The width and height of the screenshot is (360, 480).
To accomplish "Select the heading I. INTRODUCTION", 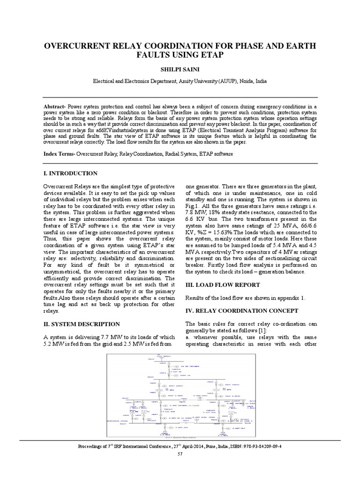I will pos(70,173).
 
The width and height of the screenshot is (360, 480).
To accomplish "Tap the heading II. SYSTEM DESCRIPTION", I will pos(82,324).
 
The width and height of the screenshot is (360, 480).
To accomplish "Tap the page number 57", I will pos(180,454).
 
